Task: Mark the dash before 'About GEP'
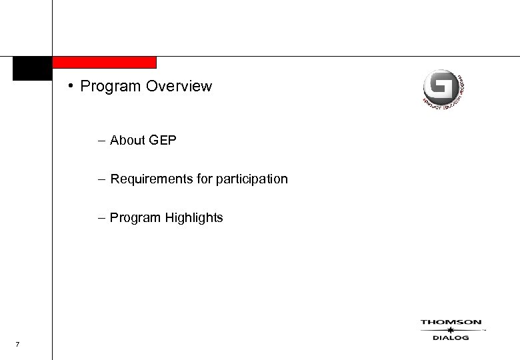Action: point(100,141)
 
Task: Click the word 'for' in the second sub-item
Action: point(198,179)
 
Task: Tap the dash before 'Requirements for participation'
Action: point(100,179)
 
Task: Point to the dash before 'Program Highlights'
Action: point(100,218)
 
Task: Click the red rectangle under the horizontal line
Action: point(104,63)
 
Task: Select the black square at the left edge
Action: point(32,69)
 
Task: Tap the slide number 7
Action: point(17,344)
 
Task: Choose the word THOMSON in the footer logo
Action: point(451,323)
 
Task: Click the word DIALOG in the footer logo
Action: point(451,338)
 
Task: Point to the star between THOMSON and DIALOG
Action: point(451,330)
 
